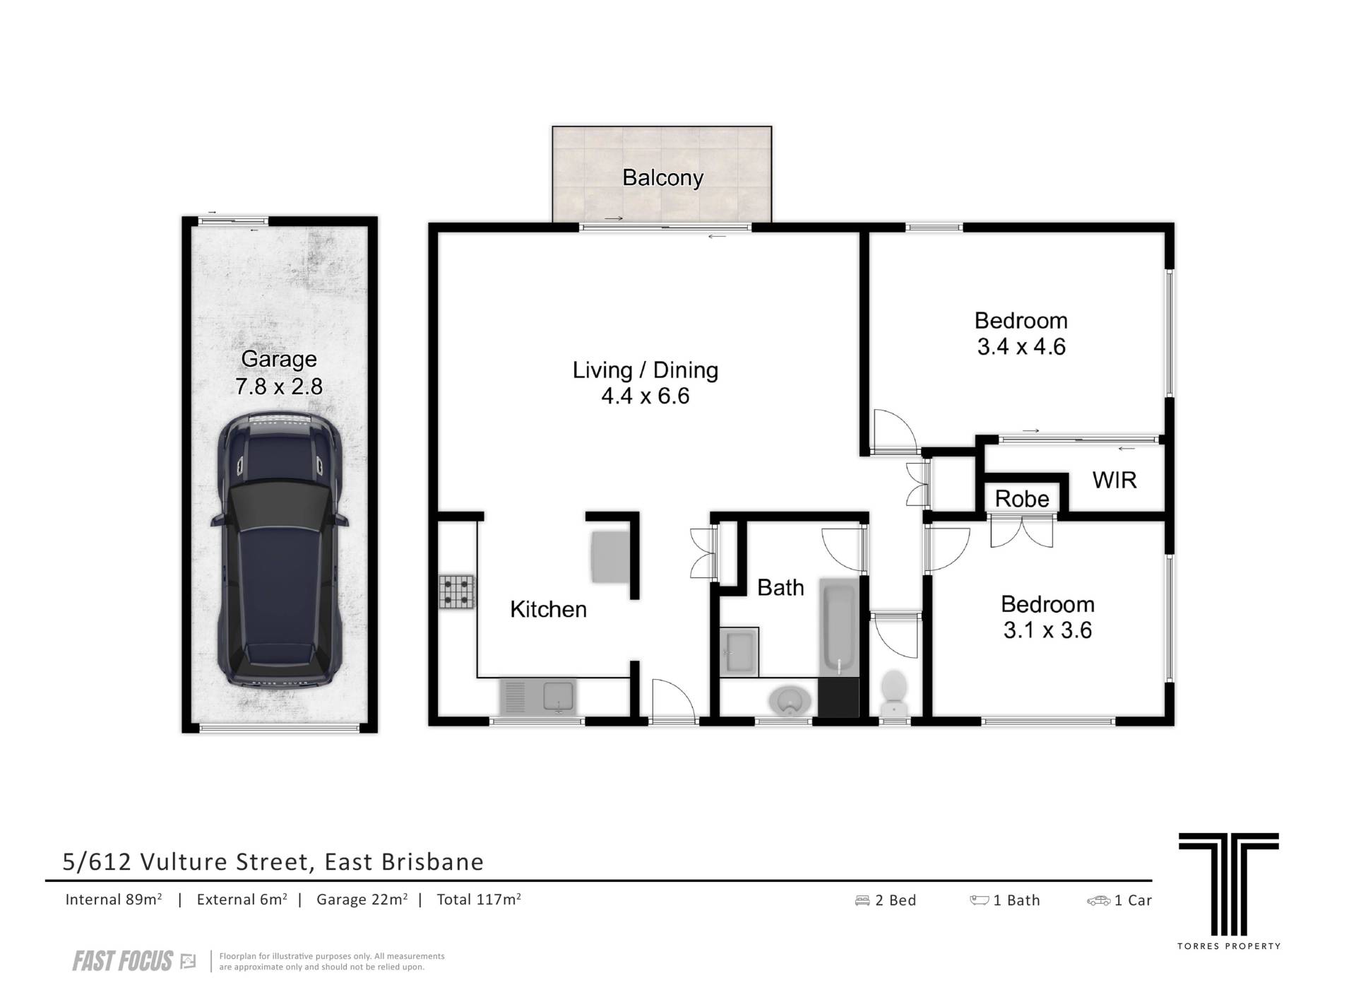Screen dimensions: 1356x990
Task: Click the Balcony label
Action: pyautogui.click(x=662, y=177)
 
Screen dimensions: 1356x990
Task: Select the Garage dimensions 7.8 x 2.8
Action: pyautogui.click(x=279, y=387)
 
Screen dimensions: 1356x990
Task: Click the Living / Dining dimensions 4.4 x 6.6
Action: pyautogui.click(x=645, y=396)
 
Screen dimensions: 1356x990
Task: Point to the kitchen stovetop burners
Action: pyautogui.click(x=457, y=592)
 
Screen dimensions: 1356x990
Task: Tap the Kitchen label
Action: pyautogui.click(x=548, y=609)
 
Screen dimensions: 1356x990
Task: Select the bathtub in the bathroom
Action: pyautogui.click(x=839, y=627)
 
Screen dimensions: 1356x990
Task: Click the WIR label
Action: pyautogui.click(x=1114, y=481)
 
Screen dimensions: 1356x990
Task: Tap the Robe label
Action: pyautogui.click(x=1022, y=499)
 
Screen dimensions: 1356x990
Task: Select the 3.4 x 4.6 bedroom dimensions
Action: pyautogui.click(x=1021, y=346)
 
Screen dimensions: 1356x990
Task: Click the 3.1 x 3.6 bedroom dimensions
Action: pyautogui.click(x=1047, y=630)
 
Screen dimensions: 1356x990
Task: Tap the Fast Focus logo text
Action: pyautogui.click(x=123, y=961)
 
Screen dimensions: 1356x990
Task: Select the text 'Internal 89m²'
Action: pyautogui.click(x=114, y=900)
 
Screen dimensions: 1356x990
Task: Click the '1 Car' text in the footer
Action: pyautogui.click(x=1133, y=900)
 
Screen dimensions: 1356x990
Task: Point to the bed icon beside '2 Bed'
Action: pyautogui.click(x=862, y=900)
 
